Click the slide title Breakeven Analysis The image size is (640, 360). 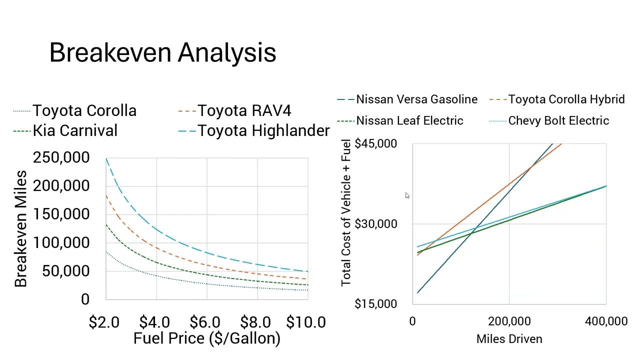[x=162, y=52]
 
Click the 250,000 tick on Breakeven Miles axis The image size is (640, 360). [x=61, y=157]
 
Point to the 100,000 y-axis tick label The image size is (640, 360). [x=61, y=242]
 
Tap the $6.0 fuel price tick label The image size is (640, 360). [x=205, y=322]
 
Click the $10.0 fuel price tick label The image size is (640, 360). [x=306, y=322]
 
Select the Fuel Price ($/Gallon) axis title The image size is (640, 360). [x=206, y=338]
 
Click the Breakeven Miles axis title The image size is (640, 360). [x=20, y=228]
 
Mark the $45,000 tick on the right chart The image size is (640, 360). [x=375, y=144]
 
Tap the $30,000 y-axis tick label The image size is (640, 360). [x=375, y=224]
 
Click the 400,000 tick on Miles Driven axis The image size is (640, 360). [x=606, y=321]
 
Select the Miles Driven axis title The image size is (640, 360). [x=509, y=339]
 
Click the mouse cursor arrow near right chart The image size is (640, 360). [x=407, y=195]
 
